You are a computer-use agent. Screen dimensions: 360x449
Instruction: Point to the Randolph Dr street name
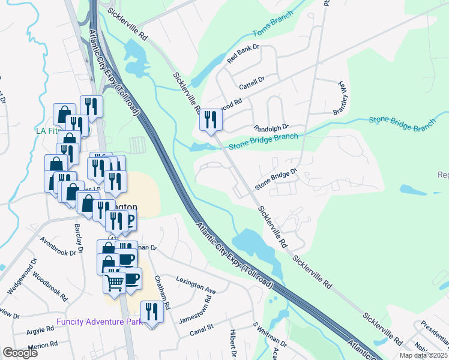271,128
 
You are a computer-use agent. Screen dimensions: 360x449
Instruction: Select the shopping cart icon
114,280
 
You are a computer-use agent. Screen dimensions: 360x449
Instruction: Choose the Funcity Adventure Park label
100,322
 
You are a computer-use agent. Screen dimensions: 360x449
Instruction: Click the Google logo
20,353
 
